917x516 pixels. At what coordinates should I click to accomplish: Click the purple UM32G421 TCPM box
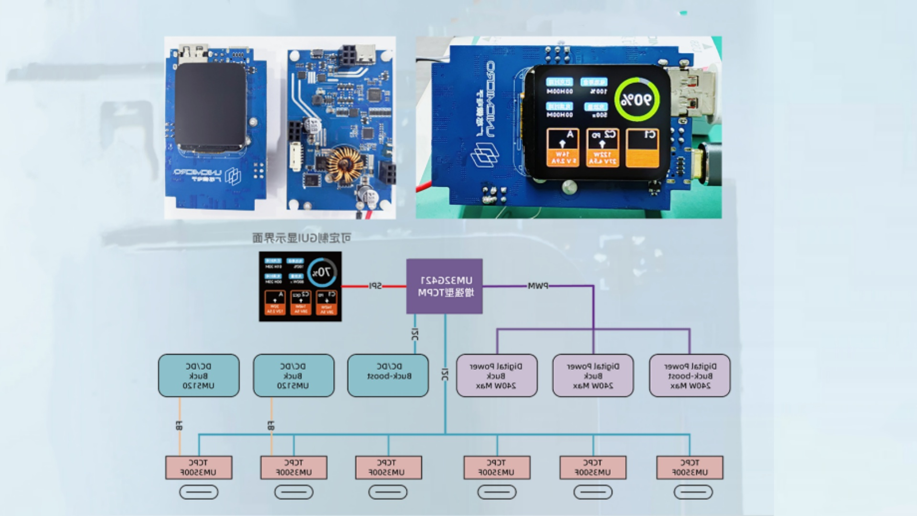444,286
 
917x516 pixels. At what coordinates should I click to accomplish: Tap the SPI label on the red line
376,286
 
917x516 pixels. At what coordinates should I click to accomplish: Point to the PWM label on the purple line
538,286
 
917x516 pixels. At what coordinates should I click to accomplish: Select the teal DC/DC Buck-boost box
388,376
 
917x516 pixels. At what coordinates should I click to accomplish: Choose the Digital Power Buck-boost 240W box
690,376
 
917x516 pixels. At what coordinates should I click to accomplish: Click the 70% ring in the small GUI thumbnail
322,273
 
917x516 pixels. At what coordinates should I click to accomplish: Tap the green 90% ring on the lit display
637,99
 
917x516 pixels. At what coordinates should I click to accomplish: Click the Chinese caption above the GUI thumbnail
302,237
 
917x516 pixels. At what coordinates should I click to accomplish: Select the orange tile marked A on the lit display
563,148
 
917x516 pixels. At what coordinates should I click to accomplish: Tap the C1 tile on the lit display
642,148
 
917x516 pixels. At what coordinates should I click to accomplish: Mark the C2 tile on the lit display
603,148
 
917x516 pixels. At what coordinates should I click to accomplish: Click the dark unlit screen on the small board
210,106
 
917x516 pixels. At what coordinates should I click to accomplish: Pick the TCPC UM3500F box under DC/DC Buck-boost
388,467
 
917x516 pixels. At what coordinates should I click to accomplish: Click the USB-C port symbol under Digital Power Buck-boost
693,492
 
